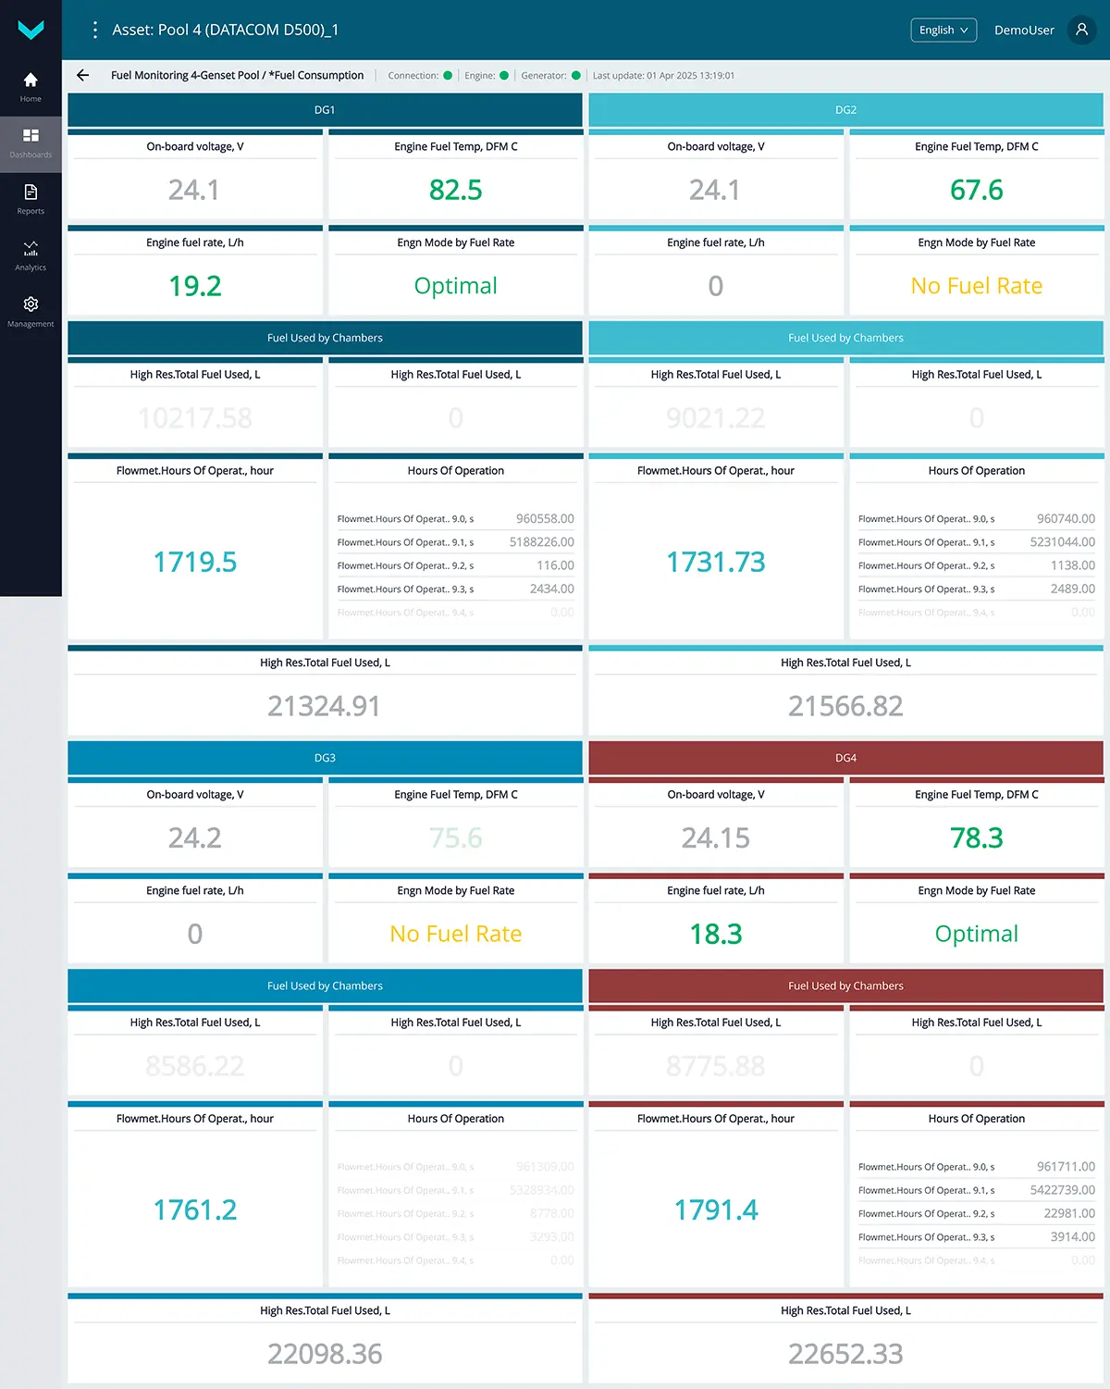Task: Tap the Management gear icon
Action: (x=31, y=304)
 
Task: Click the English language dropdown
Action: (x=943, y=31)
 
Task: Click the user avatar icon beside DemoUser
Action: (x=1081, y=30)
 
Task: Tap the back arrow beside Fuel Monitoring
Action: (x=83, y=76)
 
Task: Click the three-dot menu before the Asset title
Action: (x=94, y=30)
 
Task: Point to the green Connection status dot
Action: (x=448, y=76)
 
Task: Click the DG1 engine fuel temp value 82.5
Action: (x=455, y=191)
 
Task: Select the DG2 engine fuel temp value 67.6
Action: (x=976, y=191)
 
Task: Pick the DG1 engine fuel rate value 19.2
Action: (x=195, y=286)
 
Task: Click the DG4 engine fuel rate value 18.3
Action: (x=716, y=934)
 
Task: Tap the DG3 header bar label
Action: (x=325, y=758)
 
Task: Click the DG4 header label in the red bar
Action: (x=845, y=758)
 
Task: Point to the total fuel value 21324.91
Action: (x=324, y=706)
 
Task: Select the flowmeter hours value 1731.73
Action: (x=716, y=562)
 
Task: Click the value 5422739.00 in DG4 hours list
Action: (x=1062, y=1190)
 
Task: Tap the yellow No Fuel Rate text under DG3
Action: (x=455, y=934)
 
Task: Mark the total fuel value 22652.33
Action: (x=845, y=1354)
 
